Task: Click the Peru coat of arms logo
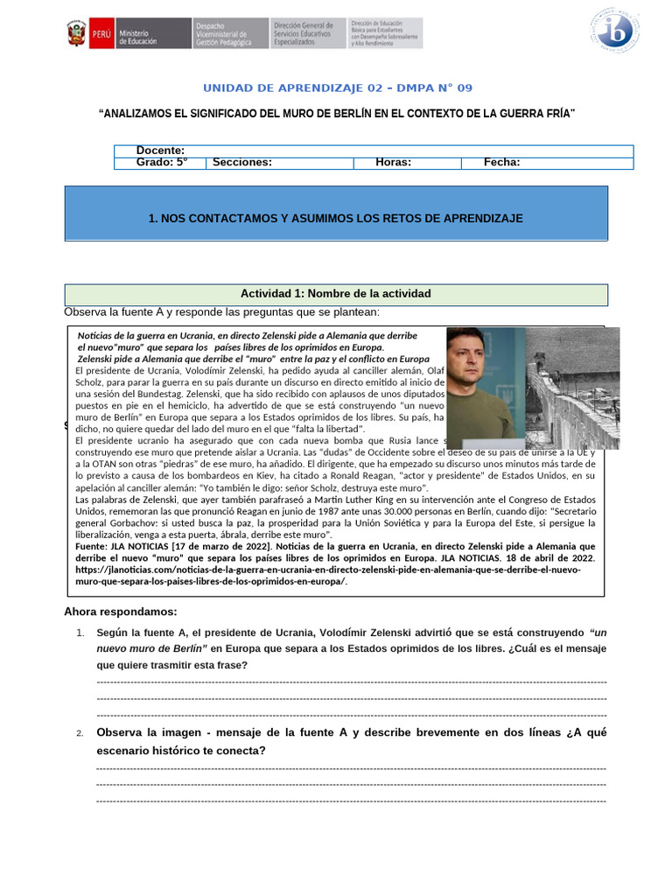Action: pyautogui.click(x=76, y=34)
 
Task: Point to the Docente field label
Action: pyautogui.click(x=160, y=150)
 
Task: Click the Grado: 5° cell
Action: pyautogui.click(x=162, y=162)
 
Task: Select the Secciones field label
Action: pyautogui.click(x=241, y=162)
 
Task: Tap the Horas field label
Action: pyautogui.click(x=393, y=162)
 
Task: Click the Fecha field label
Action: pyautogui.click(x=501, y=162)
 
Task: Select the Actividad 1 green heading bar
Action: pyautogui.click(x=336, y=294)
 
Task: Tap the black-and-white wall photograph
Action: pyautogui.click(x=572, y=388)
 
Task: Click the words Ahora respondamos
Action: pyautogui.click(x=121, y=611)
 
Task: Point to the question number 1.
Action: pyautogui.click(x=79, y=633)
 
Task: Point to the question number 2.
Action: pyautogui.click(x=79, y=733)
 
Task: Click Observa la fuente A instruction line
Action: pyautogui.click(x=223, y=312)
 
